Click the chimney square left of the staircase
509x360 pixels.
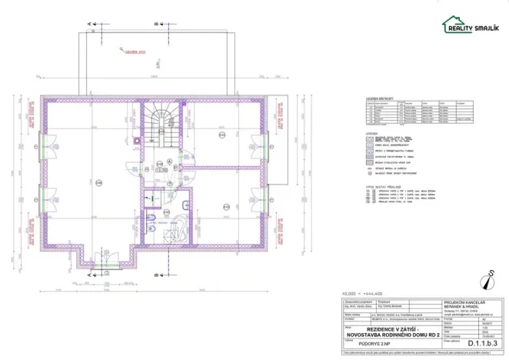coord(136,141)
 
